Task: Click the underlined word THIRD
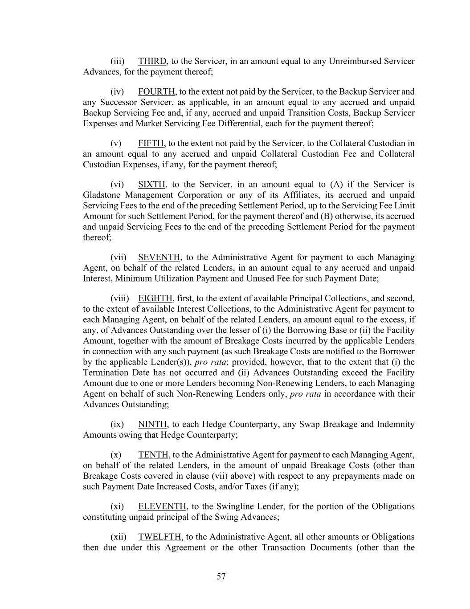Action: tap(152, 61)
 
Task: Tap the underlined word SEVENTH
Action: tap(159, 257)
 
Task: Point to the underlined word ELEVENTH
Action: tap(162, 506)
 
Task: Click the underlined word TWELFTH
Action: tap(159, 537)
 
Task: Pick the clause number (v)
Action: tap(116, 143)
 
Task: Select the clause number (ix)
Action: tap(117, 424)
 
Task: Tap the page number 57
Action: tap(221, 576)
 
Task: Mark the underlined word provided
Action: tap(248, 362)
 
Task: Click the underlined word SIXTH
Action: tap(152, 185)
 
